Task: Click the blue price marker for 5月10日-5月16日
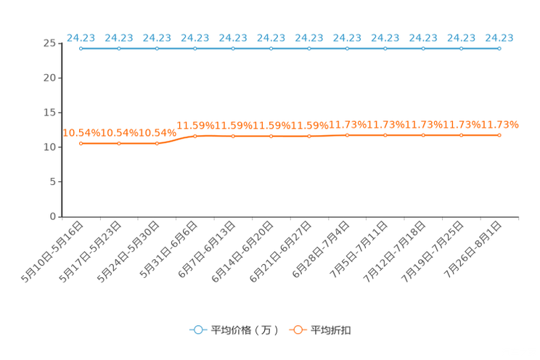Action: (81, 49)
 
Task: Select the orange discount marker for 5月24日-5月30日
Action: (157, 143)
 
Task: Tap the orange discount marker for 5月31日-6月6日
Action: (195, 136)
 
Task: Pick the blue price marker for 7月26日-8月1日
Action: (499, 49)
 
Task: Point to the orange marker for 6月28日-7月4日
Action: (347, 136)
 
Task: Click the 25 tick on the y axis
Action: (49, 44)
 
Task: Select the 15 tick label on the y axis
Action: (49, 112)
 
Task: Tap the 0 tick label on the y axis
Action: (53, 216)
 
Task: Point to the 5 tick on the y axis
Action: (53, 181)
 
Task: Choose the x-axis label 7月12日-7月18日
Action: (395, 252)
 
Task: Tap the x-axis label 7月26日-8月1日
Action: (472, 250)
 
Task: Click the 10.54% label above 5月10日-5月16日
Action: (81, 133)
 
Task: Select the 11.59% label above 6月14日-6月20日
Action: (271, 126)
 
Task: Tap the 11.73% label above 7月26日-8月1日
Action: (499, 124)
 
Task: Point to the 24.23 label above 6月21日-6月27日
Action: (309, 38)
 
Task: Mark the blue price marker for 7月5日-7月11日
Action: (385, 49)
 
